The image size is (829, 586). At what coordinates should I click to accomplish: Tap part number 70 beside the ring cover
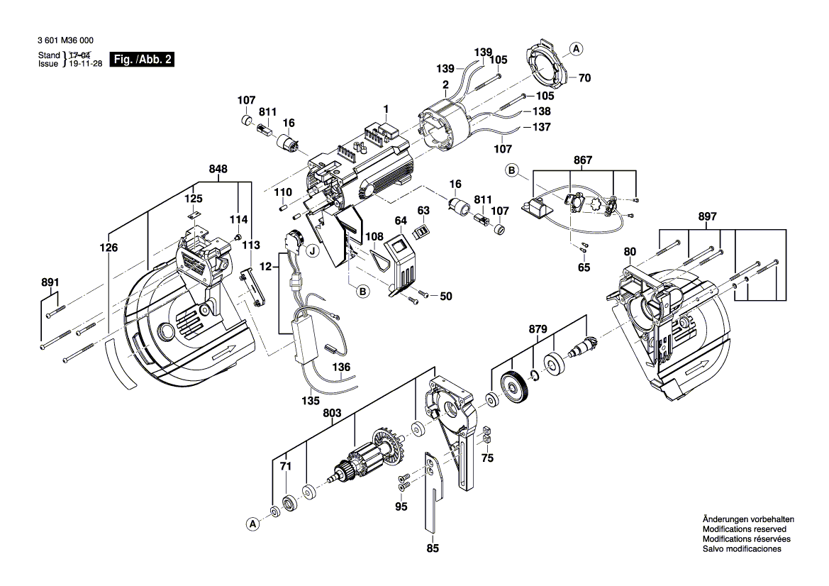[584, 79]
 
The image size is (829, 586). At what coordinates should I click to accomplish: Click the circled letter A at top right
[577, 49]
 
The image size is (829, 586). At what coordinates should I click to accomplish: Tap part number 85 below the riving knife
[433, 548]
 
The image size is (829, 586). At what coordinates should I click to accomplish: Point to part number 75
[486, 458]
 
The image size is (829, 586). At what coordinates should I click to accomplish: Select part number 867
[582, 161]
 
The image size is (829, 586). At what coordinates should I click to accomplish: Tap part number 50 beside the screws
[445, 296]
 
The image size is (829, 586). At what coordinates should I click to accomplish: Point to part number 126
[109, 248]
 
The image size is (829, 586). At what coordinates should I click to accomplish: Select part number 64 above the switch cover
[401, 220]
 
